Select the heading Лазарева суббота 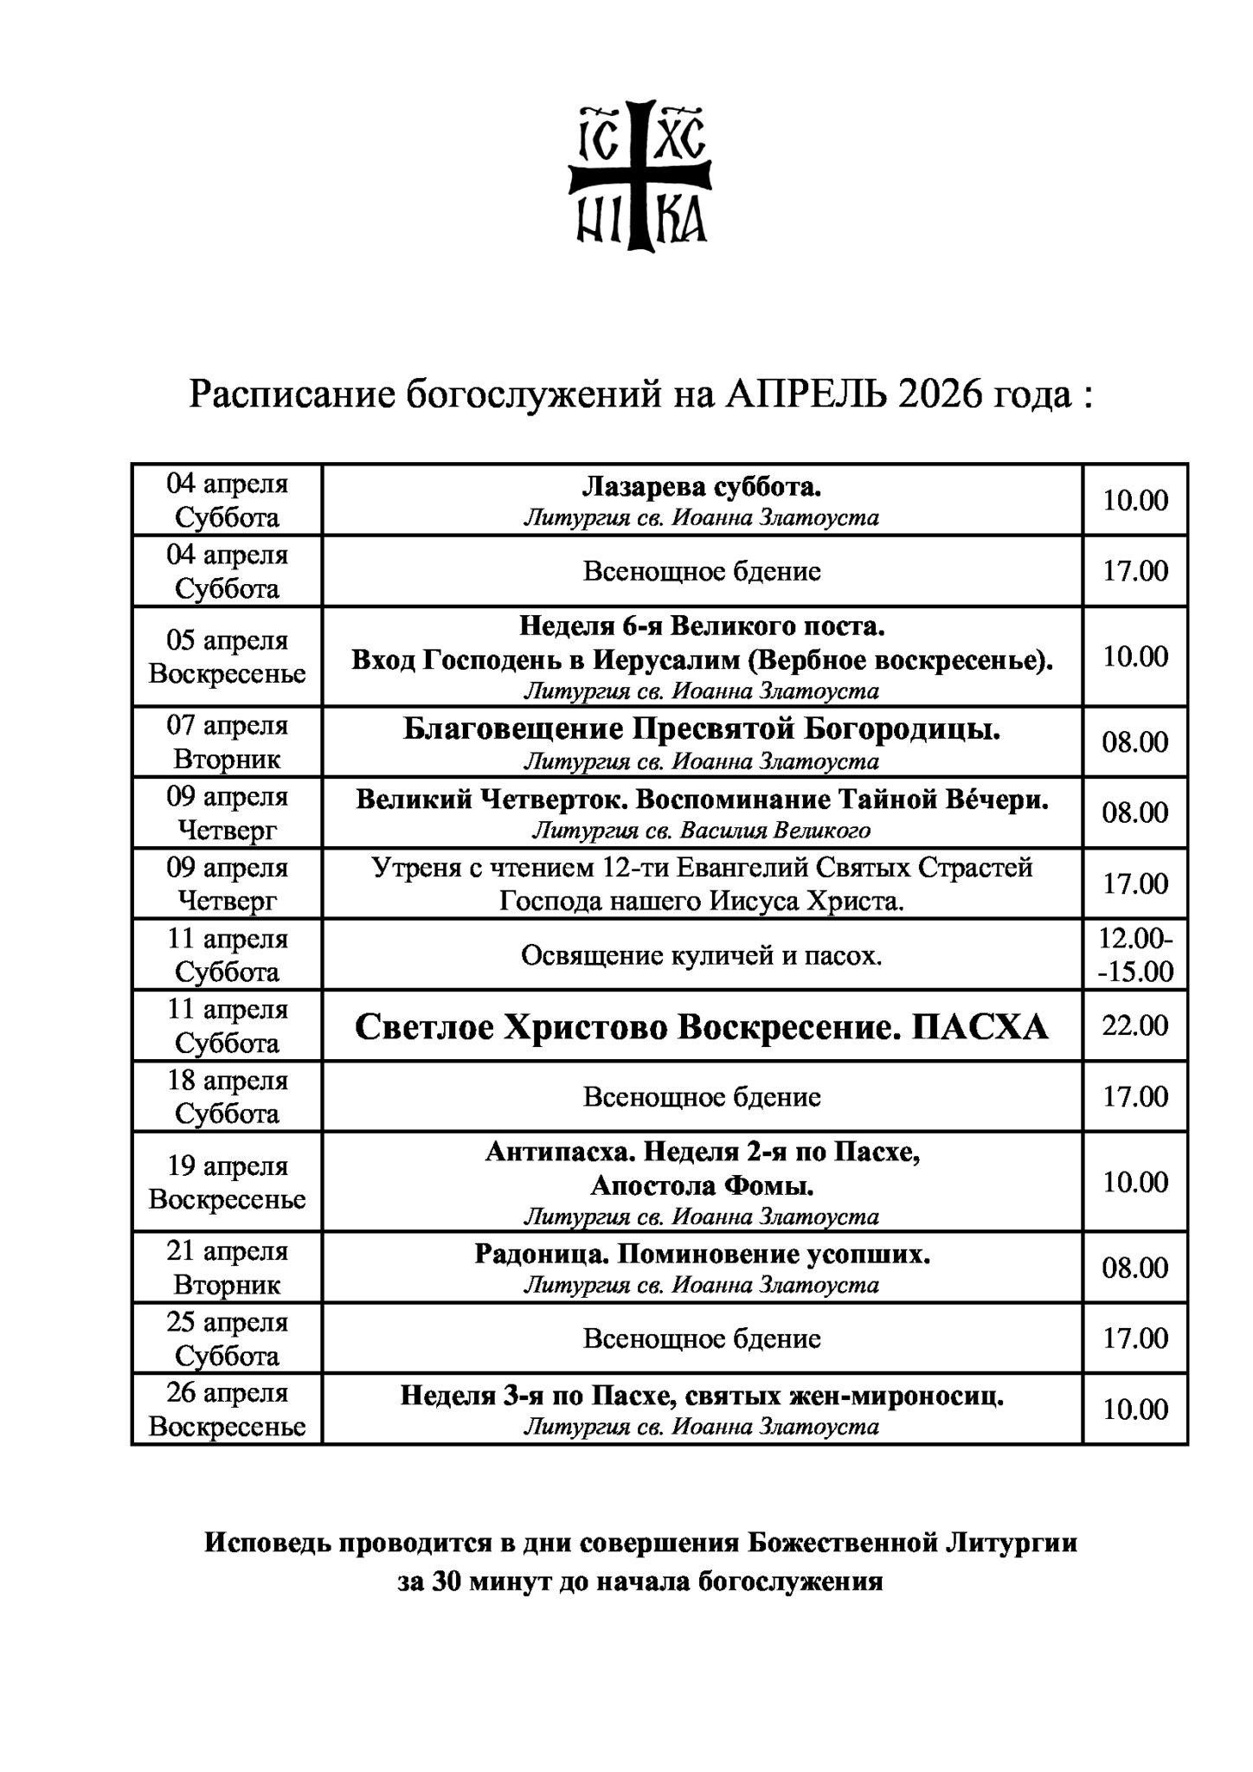[701, 487]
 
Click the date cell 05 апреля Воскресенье [227, 657]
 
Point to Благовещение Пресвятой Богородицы [701, 730]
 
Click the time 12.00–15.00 [1135, 955]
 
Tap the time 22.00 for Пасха [1135, 1026]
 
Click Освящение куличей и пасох [701, 956]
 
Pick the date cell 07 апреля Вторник [227, 742]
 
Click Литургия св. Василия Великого [701, 831]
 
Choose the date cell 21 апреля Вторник [227, 1268]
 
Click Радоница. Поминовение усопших [701, 1255]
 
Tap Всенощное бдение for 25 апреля [701, 1339]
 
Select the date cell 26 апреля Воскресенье [227, 1409]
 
